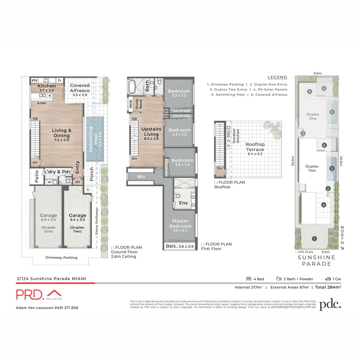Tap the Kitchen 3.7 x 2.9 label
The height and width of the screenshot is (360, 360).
click(46, 88)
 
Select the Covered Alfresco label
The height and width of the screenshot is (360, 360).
click(80, 90)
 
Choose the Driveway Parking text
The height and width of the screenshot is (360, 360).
click(61, 257)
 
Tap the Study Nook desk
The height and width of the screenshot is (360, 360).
click(130, 104)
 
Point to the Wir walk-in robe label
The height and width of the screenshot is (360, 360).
click(141, 176)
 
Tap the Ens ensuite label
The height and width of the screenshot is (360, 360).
click(183, 203)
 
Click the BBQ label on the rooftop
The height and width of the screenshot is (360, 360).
click(229, 133)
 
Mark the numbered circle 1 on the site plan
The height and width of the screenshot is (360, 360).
click(314, 239)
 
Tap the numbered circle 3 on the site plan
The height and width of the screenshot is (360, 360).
click(303, 133)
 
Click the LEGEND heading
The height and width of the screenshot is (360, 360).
click(277, 77)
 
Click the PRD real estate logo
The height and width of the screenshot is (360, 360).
click(39, 294)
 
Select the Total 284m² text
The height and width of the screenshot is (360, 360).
click(328, 287)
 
